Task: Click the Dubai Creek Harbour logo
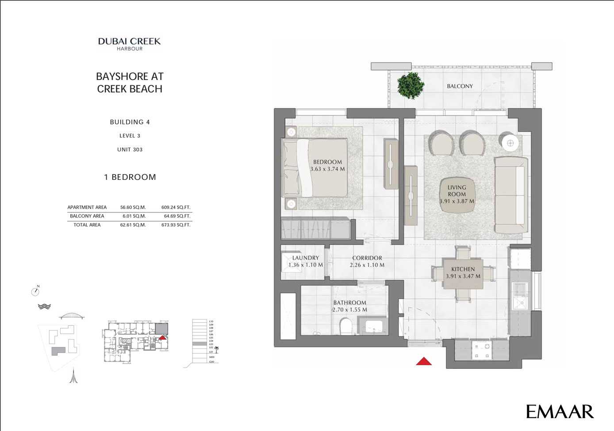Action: pyautogui.click(x=129, y=44)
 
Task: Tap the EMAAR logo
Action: pyautogui.click(x=560, y=412)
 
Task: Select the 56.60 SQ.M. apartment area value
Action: pyautogui.click(x=133, y=207)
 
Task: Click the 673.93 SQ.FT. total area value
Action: pyautogui.click(x=176, y=225)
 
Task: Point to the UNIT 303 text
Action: pyautogui.click(x=130, y=149)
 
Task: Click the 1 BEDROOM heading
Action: pyautogui.click(x=130, y=177)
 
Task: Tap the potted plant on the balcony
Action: pyautogui.click(x=411, y=85)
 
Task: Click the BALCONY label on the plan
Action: pyautogui.click(x=460, y=86)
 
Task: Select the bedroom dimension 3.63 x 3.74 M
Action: pyautogui.click(x=327, y=169)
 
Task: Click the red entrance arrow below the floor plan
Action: pyautogui.click(x=424, y=361)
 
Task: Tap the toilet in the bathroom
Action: pyautogui.click(x=345, y=327)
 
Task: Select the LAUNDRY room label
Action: pyautogui.click(x=305, y=258)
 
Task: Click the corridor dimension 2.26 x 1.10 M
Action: pyautogui.click(x=367, y=265)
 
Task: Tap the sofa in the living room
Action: pyautogui.click(x=511, y=195)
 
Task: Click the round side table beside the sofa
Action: pyautogui.click(x=510, y=143)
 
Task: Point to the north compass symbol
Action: pyautogui.click(x=35, y=291)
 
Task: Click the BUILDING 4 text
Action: pyautogui.click(x=130, y=122)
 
